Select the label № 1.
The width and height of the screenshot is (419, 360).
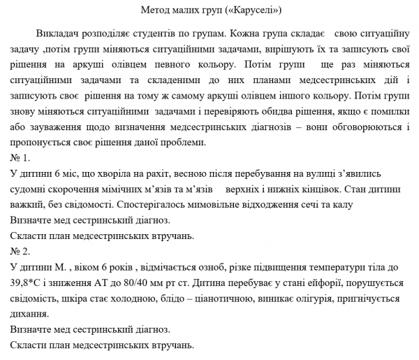(x=20, y=157)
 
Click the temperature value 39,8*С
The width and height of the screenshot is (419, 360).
(x=28, y=282)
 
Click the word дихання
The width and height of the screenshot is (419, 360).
(x=31, y=313)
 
